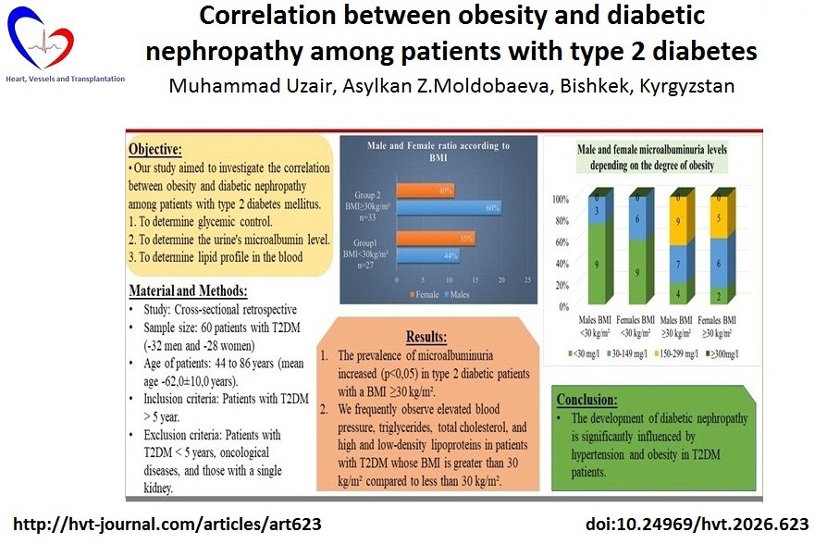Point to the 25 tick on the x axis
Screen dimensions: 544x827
coord(527,279)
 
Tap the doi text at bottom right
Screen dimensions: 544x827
coord(698,524)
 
